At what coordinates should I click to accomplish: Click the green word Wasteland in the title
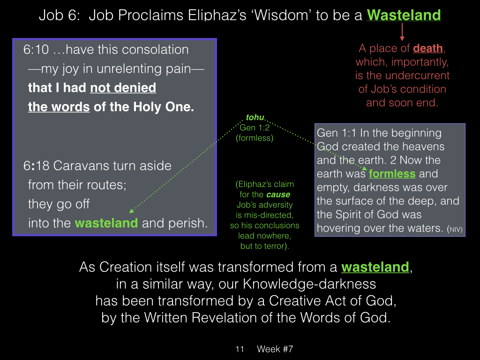tap(404, 15)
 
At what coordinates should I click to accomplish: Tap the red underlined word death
tap(428, 48)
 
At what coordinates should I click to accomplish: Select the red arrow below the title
tap(402, 32)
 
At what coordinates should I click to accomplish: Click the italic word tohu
tap(255, 117)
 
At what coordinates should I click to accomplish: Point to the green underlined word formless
tap(392, 174)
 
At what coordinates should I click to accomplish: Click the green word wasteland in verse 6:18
tap(106, 223)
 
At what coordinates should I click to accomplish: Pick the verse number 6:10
tap(36, 50)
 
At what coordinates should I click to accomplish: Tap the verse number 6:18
tap(36, 166)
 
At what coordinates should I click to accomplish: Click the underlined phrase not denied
tap(123, 88)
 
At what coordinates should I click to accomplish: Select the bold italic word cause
tap(278, 195)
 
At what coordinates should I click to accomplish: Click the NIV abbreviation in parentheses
tap(455, 229)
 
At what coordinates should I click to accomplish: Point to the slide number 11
tap(240, 349)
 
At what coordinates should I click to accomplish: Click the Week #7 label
tap(275, 349)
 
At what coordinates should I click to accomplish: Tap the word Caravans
tap(82, 166)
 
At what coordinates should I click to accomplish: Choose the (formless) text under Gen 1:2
tap(255, 138)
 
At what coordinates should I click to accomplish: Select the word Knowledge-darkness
tap(309, 284)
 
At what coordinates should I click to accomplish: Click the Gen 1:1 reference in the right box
tap(337, 133)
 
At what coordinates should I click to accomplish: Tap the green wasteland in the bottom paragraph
tap(375, 267)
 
